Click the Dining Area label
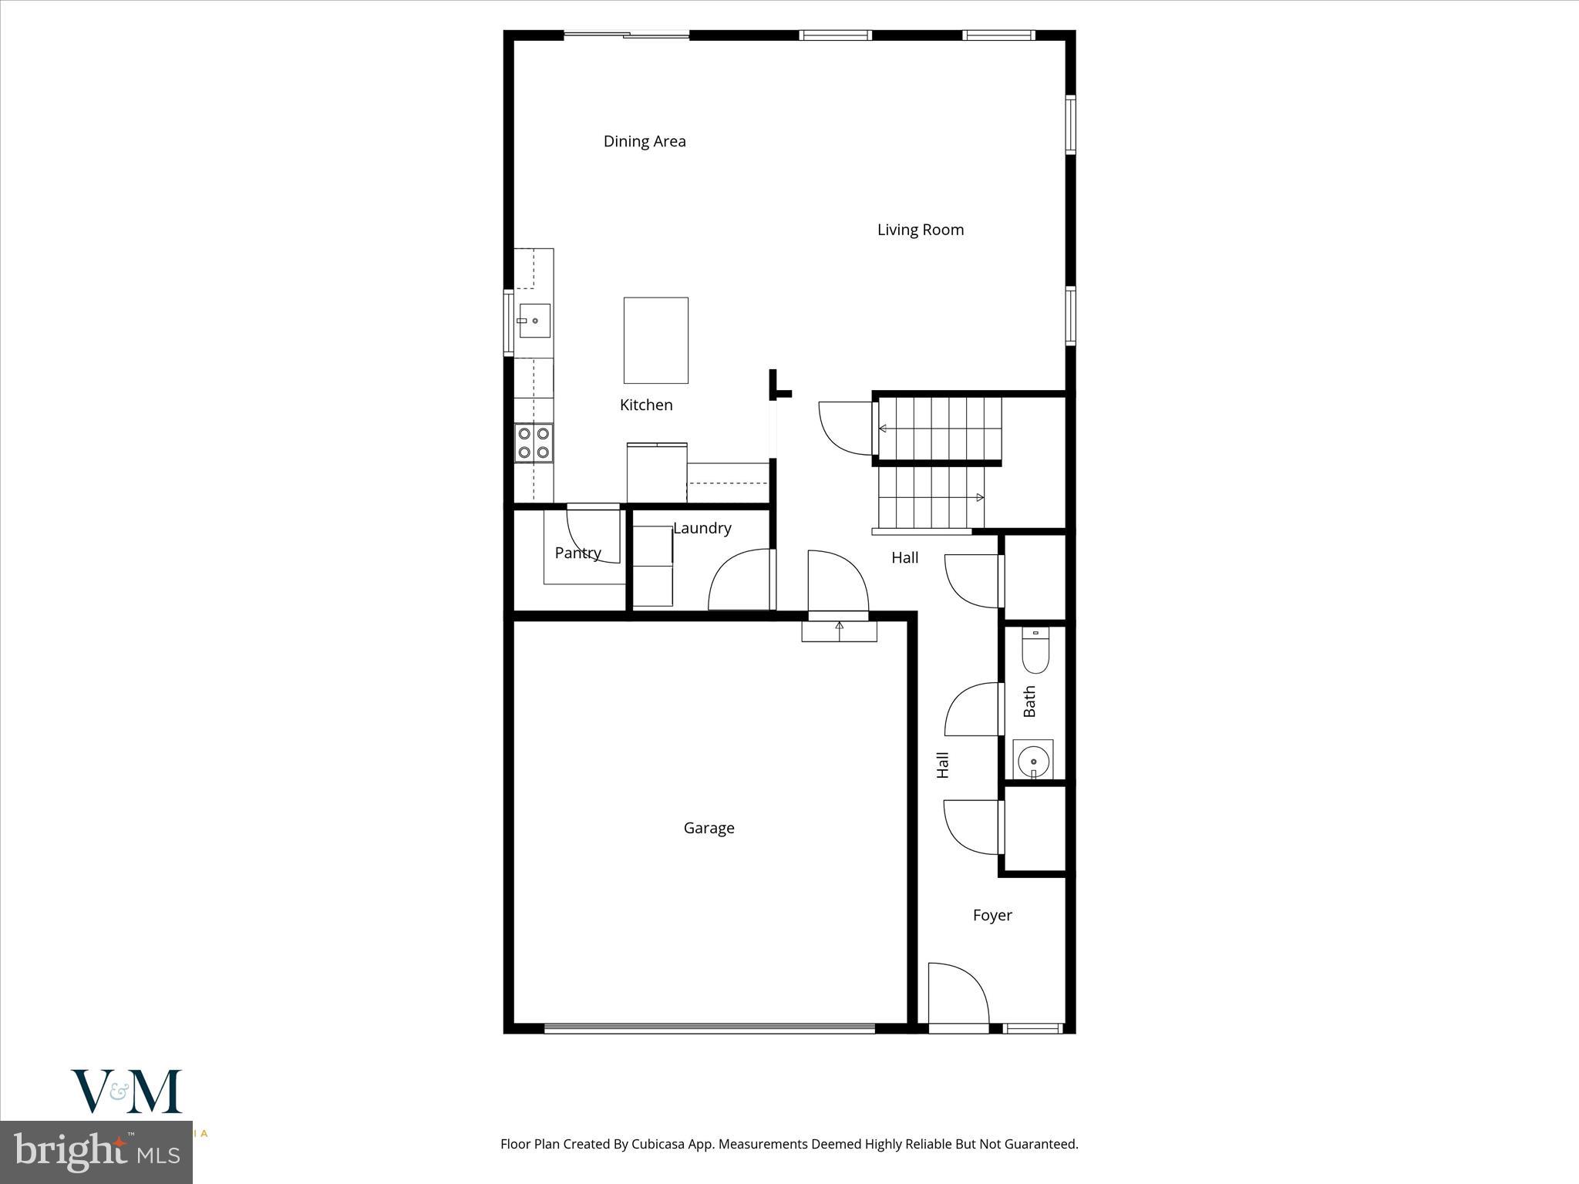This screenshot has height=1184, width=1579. click(x=645, y=141)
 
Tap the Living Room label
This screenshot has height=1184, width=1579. click(x=920, y=230)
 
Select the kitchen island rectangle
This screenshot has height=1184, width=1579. click(x=655, y=340)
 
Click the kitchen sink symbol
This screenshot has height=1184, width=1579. click(x=534, y=321)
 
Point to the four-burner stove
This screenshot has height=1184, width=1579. click(x=534, y=443)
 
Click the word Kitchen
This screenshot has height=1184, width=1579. click(x=646, y=405)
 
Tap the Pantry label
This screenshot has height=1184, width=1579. click(x=577, y=553)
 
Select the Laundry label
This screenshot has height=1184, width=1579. click(x=702, y=528)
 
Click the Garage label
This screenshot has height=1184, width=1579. click(x=709, y=828)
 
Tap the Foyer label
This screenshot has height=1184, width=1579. click(x=992, y=915)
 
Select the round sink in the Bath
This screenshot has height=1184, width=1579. click(x=1033, y=762)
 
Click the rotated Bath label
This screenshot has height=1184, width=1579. click(x=1029, y=701)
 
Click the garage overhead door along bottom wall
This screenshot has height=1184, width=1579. click(x=709, y=1028)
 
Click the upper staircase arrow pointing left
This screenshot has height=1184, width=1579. click(x=884, y=429)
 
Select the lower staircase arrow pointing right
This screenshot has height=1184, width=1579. click(x=979, y=498)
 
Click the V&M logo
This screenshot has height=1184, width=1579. click(x=126, y=1091)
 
